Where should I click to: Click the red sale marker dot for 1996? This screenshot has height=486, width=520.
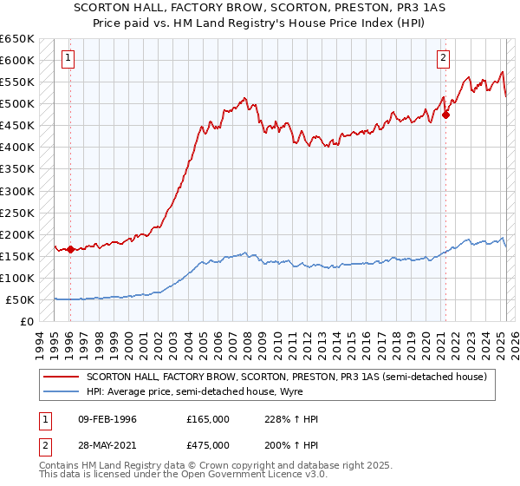70,249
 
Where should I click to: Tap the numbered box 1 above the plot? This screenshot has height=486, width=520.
68,58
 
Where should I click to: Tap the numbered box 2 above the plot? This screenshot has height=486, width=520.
443,58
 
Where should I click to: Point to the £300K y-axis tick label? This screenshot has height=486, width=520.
16,191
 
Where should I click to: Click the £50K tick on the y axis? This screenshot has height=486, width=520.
20,299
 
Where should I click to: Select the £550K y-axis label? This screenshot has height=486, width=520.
16,82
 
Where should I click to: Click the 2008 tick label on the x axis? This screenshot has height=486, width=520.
246,345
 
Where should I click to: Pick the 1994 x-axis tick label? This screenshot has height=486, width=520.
39,345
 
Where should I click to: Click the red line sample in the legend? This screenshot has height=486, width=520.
61,377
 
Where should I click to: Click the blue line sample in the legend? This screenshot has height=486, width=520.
61,392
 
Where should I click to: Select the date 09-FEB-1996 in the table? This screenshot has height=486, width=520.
106,419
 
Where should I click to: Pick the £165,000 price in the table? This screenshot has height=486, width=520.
208,419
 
